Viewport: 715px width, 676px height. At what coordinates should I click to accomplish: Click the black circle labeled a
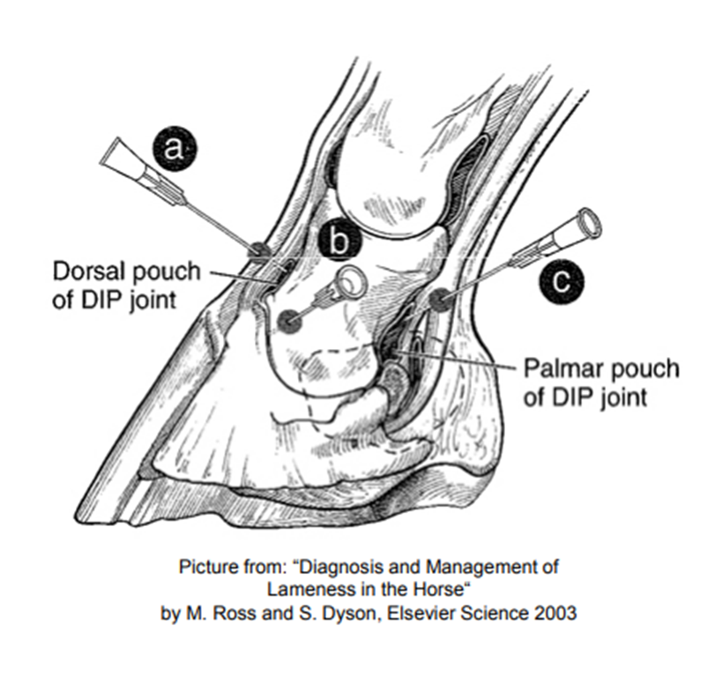pyautogui.click(x=174, y=148)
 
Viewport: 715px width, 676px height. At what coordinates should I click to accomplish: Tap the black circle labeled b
pyautogui.click(x=339, y=240)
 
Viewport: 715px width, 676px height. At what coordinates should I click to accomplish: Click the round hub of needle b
pyautogui.click(x=351, y=284)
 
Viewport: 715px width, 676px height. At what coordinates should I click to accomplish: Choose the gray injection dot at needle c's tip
pyautogui.click(x=440, y=300)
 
